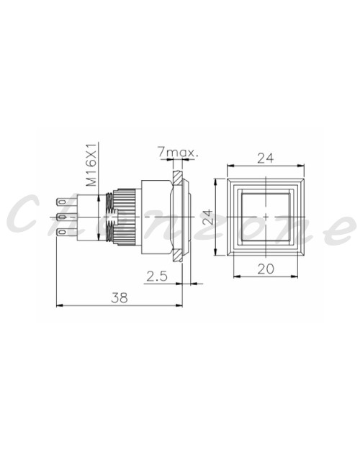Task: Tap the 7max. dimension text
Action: (178, 153)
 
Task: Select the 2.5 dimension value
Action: (157, 276)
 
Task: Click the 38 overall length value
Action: (120, 298)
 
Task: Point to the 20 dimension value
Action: (266, 269)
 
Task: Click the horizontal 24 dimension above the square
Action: (266, 158)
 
